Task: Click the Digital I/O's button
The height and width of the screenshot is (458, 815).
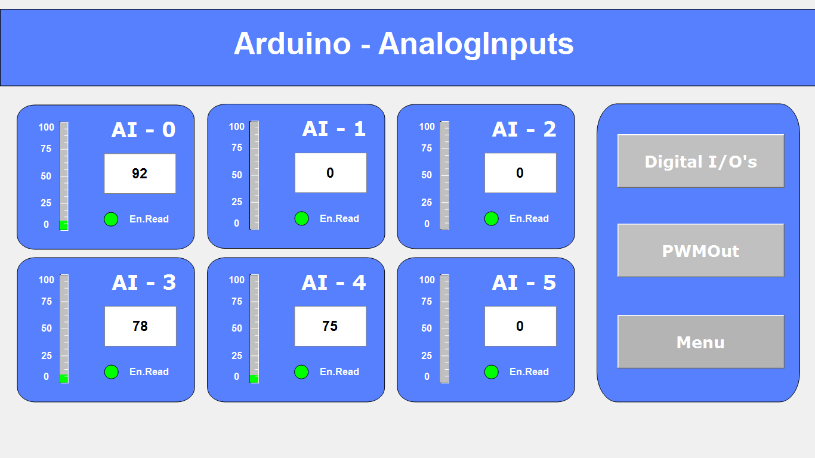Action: tap(700, 161)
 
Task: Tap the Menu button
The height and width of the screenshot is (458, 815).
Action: tap(700, 342)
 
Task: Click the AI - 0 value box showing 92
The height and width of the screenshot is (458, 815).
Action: tap(140, 174)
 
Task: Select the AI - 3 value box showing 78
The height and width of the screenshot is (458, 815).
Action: tap(140, 326)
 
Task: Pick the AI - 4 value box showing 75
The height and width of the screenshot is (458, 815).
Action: tap(330, 326)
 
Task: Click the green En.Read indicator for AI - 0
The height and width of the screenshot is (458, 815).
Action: tap(111, 219)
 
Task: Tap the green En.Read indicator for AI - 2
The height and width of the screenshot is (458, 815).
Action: tap(491, 219)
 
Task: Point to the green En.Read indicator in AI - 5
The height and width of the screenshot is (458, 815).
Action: tap(491, 372)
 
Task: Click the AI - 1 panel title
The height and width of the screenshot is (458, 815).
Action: tap(334, 129)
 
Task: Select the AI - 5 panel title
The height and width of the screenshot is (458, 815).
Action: tap(524, 283)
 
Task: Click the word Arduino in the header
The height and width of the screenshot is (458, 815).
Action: tap(292, 44)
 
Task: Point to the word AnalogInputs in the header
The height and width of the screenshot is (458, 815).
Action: tap(476, 44)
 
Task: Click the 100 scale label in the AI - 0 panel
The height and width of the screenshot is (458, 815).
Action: tap(47, 127)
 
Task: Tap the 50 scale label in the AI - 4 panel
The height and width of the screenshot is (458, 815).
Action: tap(237, 328)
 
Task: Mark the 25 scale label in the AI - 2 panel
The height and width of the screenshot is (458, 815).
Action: tap(427, 202)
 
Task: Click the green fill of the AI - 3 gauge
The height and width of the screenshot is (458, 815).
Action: tap(64, 379)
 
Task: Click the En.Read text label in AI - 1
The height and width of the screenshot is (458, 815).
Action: tap(339, 219)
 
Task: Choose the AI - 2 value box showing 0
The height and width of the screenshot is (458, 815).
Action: tap(520, 173)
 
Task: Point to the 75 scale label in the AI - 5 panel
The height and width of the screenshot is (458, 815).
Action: tap(427, 301)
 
